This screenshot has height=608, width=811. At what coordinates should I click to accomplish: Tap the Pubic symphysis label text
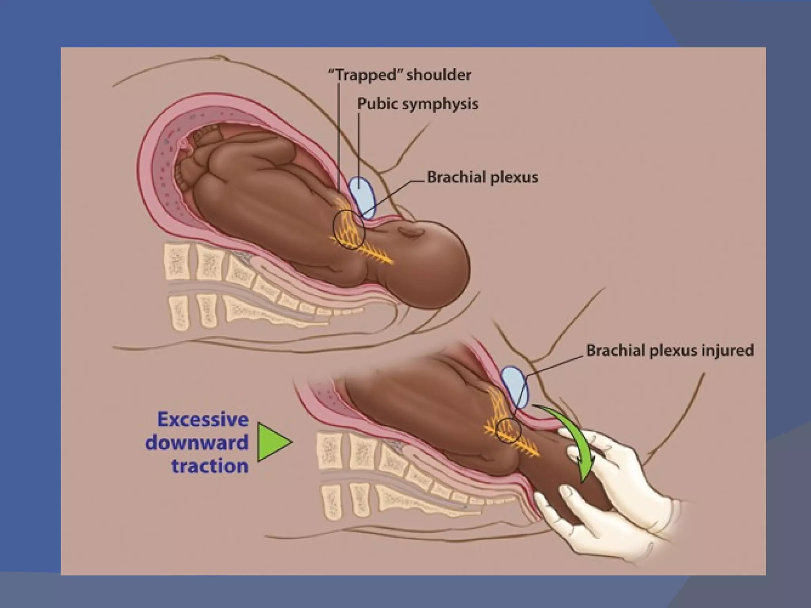coord(418,104)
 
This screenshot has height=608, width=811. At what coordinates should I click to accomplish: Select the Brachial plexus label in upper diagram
coord(482,177)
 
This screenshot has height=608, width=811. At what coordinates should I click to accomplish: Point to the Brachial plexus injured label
coord(670,351)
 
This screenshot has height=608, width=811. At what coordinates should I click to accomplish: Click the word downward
coord(196,442)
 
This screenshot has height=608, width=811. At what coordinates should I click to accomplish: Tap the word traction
coord(209,465)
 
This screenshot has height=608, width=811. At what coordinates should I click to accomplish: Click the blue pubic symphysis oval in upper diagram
coord(362,197)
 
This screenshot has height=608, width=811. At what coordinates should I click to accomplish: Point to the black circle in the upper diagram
coord(349,230)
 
